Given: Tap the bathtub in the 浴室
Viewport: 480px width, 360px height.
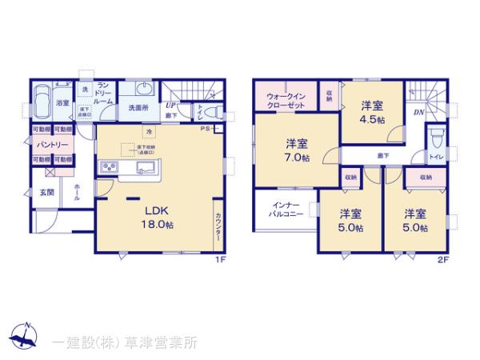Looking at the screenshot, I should tap(42, 103).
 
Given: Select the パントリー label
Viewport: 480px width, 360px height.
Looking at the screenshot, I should tap(49, 145).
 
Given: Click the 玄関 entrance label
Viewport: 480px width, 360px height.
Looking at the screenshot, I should tap(47, 193).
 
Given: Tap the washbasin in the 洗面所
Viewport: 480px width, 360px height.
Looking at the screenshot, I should tap(143, 89).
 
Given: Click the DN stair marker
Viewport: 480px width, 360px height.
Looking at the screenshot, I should tap(418, 112).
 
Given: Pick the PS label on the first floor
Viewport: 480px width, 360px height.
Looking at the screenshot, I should tap(206, 129).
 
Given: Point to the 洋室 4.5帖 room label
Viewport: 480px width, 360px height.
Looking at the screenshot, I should tap(371, 111).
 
